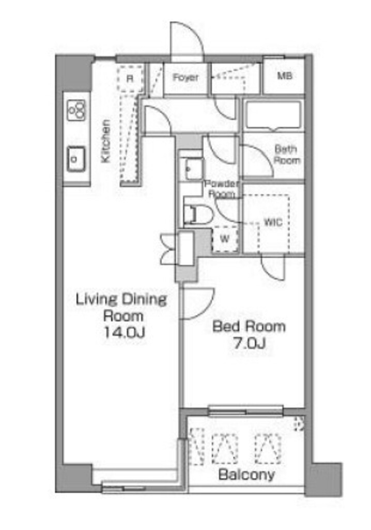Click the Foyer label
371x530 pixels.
pos(185,78)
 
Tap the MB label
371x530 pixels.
pos(285,76)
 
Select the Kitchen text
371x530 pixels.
pos(106,141)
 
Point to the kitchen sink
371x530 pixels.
pos(76,158)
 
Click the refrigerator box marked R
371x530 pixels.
pos(130,79)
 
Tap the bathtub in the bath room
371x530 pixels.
pos(273,115)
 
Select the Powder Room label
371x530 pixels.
pos(221,188)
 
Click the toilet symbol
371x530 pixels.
pos(198,215)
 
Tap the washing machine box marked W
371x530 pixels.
pos(224,239)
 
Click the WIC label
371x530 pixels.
pos(273,222)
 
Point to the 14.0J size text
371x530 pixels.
pos(124,333)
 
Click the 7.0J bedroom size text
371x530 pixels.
pos(249,344)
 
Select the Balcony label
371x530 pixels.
pos(246,475)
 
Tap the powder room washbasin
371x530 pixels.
pos(194,168)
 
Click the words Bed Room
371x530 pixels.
pos(249,327)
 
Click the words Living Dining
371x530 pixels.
pos(121,300)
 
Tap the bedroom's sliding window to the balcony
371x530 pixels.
pos(245,410)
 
